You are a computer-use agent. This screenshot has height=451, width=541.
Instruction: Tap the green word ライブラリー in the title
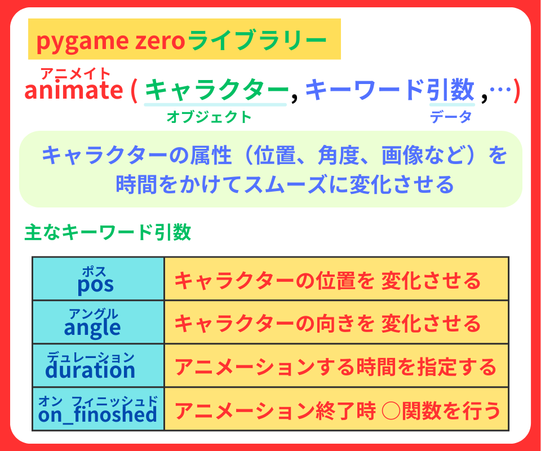click(257, 41)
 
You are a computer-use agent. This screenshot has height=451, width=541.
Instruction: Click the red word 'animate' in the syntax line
click(73, 90)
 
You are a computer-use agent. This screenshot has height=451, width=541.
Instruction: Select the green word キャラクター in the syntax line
click(216, 90)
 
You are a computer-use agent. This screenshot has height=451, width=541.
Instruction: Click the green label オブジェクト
click(209, 117)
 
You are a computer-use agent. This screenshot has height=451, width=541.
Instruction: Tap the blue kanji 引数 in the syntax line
click(451, 90)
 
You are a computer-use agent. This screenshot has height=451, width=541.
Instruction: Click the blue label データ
click(450, 117)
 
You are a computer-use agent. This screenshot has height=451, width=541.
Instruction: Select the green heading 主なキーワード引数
click(108, 232)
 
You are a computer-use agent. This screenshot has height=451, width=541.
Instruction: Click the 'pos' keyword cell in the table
click(98, 279)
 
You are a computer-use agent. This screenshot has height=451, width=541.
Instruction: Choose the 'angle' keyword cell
click(98, 322)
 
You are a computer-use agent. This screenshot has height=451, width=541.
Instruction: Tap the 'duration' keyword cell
click(98, 366)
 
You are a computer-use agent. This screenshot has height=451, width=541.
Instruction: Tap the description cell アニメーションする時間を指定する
click(336, 367)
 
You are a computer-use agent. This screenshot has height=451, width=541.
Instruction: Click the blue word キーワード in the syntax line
click(367, 90)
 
